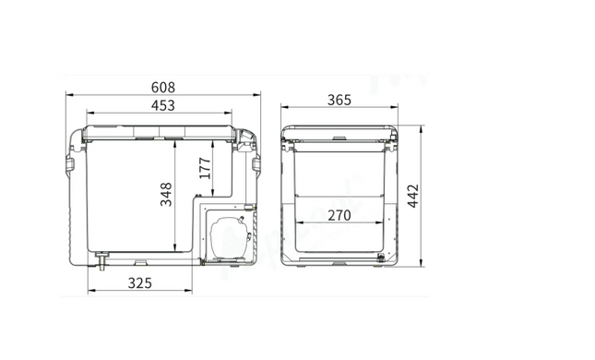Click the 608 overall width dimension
point(163,88)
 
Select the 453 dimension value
point(163,105)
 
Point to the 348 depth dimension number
point(166,195)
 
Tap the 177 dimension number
point(205,168)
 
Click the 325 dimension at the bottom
point(139,283)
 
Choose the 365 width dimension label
point(339,101)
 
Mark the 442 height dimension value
point(413,196)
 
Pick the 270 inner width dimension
point(339,216)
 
